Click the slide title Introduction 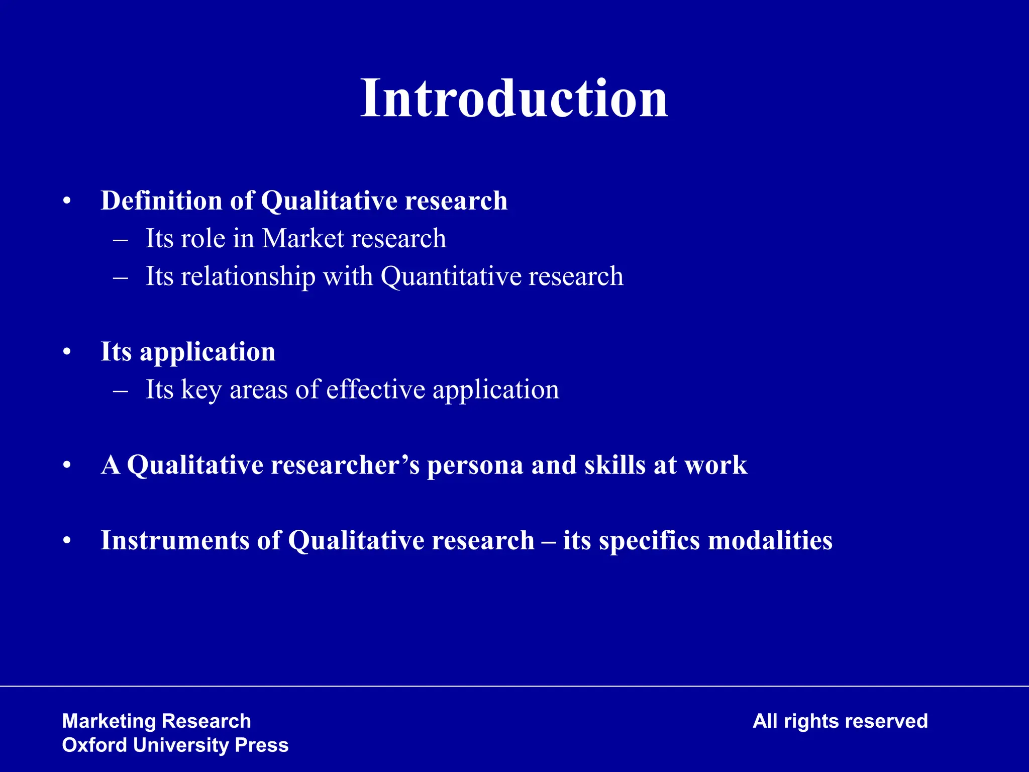[x=514, y=99]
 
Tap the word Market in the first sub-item [x=302, y=238]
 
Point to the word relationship [x=248, y=276]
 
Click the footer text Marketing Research [x=156, y=721]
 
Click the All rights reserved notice [x=840, y=721]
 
